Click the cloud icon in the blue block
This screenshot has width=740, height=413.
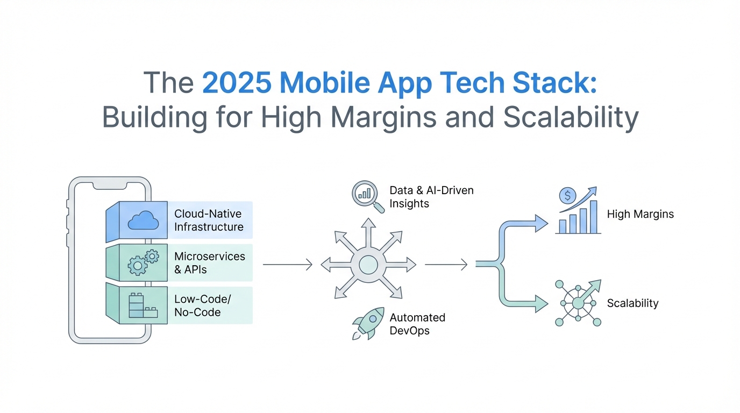pos(143,220)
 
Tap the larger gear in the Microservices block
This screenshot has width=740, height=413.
pos(138,265)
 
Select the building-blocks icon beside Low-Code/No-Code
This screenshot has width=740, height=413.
pos(143,305)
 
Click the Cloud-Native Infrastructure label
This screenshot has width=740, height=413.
pos(209,220)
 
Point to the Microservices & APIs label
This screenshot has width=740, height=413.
pos(209,263)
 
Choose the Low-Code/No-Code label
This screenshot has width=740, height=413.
pos(203,305)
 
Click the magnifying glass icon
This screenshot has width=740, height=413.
pos(368,196)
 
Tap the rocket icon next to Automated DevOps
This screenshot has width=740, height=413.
pos(368,323)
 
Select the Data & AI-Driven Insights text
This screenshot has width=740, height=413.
pos(431,197)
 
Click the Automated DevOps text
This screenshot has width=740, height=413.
pos(417,324)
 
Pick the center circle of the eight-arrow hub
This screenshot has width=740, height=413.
pos(368,265)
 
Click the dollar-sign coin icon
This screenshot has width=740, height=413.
pos(567,196)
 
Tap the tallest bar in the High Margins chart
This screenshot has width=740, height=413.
pos(593,217)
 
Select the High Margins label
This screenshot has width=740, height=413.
pos(640,214)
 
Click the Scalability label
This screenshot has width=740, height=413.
pos(632,303)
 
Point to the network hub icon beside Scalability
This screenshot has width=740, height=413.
pos(578,303)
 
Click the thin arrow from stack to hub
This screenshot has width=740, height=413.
pos(287,265)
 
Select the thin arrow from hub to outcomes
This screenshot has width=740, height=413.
pos(446,265)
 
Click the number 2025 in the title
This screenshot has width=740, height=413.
pos(237,83)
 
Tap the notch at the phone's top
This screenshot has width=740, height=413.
pos(110,186)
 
